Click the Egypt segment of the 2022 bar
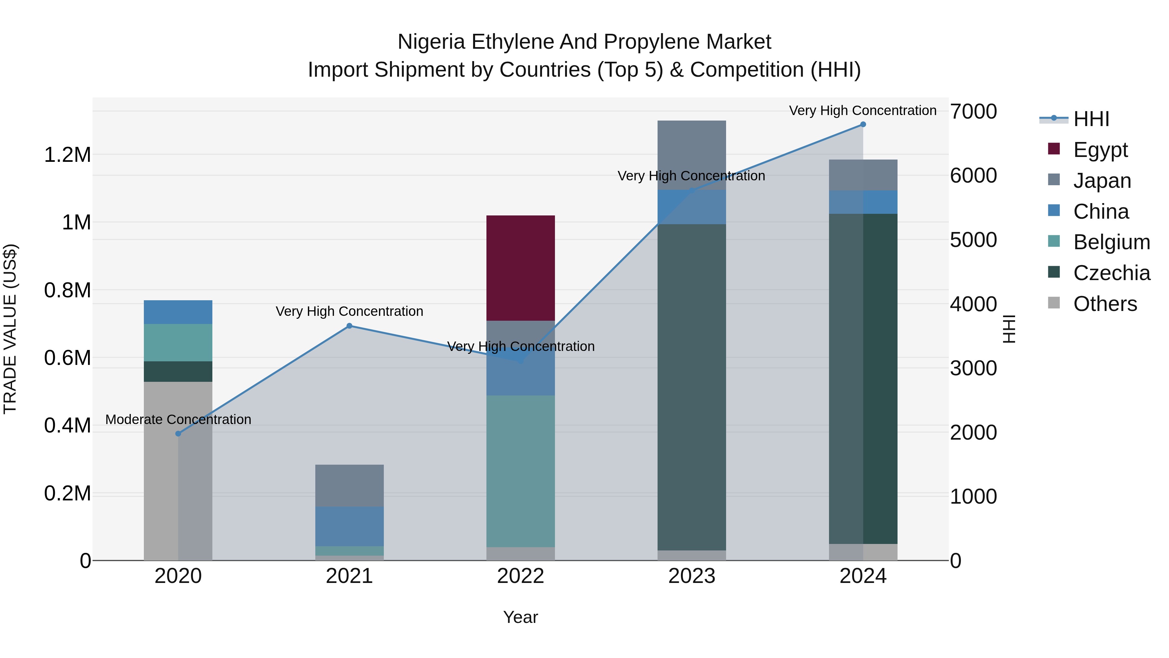tap(521, 268)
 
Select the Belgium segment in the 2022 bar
tap(521, 471)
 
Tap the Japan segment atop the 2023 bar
tap(692, 154)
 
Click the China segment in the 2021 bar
tap(349, 526)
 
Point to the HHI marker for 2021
tap(349, 326)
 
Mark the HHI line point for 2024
tap(863, 124)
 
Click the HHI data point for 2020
tap(178, 434)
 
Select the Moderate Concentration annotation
tap(178, 419)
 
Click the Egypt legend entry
tap(1100, 150)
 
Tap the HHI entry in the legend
tap(1091, 119)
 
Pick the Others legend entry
tap(1105, 304)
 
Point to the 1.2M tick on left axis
tap(67, 155)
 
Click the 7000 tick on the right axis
tap(974, 112)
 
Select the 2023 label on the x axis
tap(692, 576)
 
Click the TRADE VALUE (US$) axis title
tap(10, 329)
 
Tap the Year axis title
tap(521, 617)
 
